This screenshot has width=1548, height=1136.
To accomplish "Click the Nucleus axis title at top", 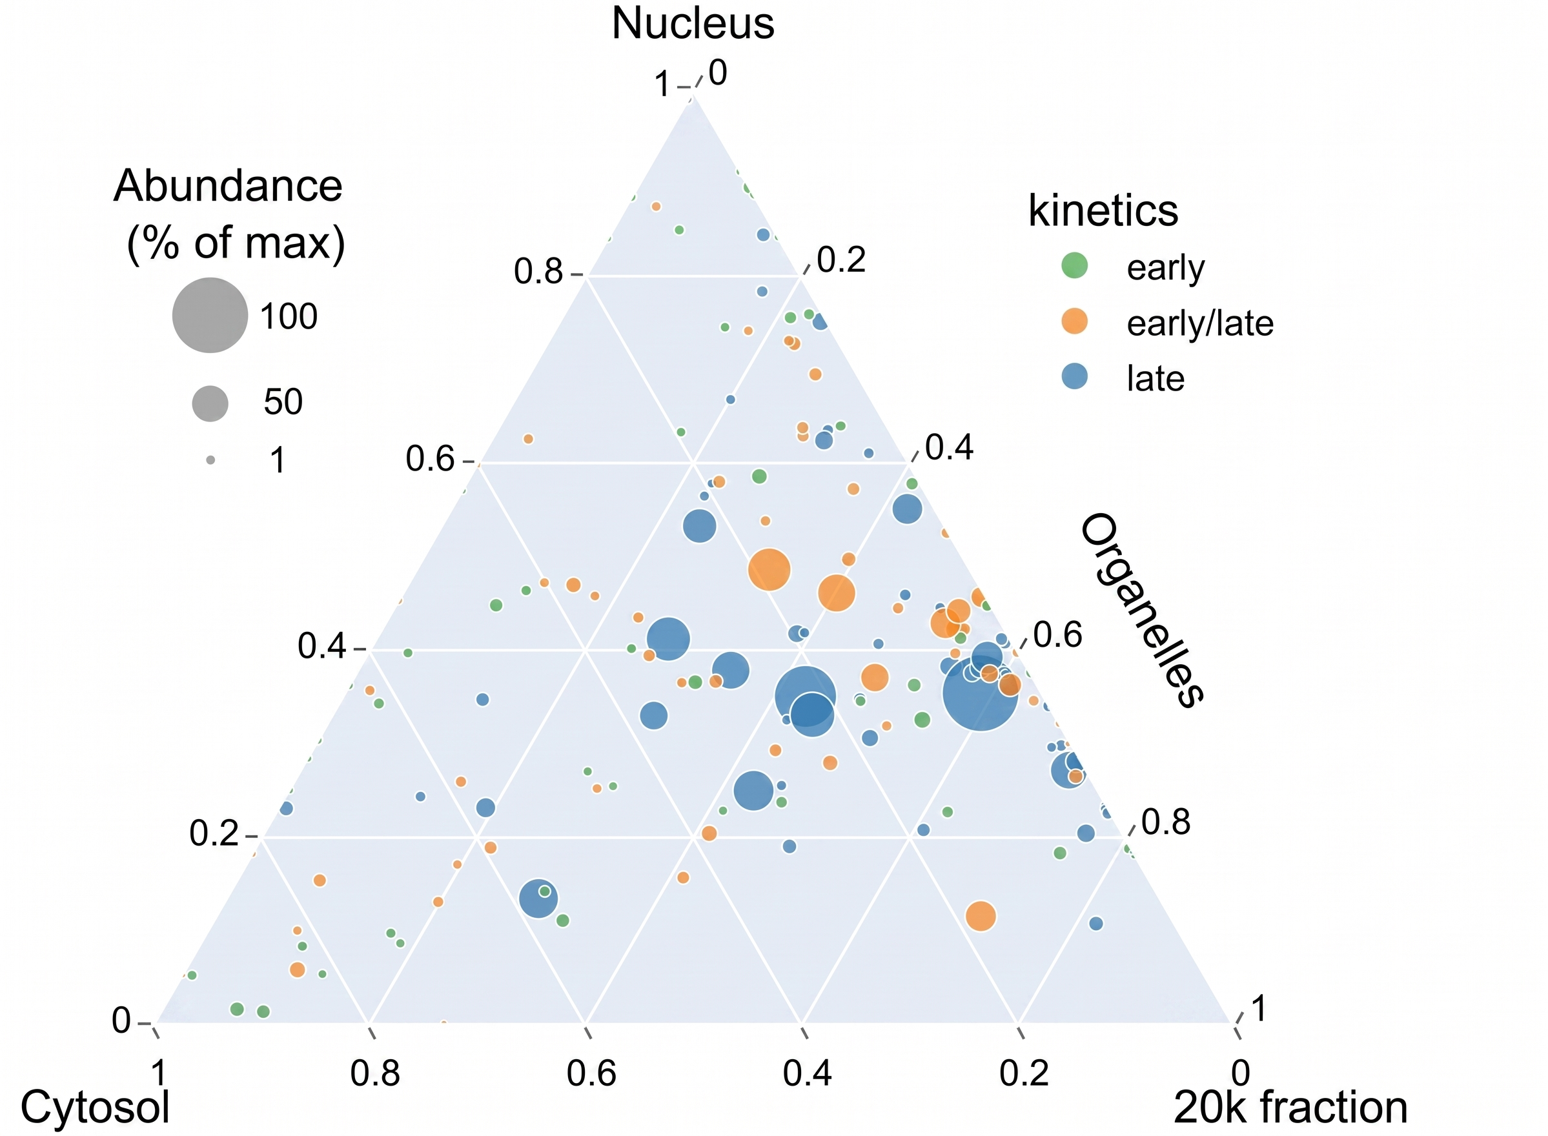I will pyautogui.click(x=693, y=23).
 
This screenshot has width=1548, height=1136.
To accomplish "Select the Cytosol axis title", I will pyautogui.click(x=95, y=1107).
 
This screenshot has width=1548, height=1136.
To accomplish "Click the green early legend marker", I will pyautogui.click(x=1074, y=265).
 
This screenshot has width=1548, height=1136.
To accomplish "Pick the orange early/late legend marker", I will pyautogui.click(x=1074, y=321).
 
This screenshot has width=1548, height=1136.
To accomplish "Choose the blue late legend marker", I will pyautogui.click(x=1074, y=377).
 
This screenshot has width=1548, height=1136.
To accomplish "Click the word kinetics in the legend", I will pyautogui.click(x=1103, y=210).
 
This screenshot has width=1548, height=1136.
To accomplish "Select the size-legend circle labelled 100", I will pyautogui.click(x=210, y=315).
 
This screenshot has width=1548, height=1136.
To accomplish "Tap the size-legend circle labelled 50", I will pyautogui.click(x=210, y=403).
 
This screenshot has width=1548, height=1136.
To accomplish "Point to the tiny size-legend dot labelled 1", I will pyautogui.click(x=210, y=460).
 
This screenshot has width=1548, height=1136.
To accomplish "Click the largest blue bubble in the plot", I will pyautogui.click(x=980, y=693).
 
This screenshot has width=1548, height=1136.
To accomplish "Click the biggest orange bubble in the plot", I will pyautogui.click(x=769, y=569).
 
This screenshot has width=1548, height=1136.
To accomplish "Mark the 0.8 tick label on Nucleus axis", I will pyautogui.click(x=538, y=272).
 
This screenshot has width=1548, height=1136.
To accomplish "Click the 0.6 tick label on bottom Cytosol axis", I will pyautogui.click(x=591, y=1073).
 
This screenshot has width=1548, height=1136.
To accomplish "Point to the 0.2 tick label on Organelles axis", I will pyautogui.click(x=841, y=261).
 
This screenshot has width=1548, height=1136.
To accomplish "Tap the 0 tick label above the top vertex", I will pyautogui.click(x=717, y=74).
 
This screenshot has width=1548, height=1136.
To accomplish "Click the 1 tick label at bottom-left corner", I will pyautogui.click(x=159, y=1073).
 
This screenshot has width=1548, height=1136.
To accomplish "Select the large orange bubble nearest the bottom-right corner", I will pyautogui.click(x=981, y=916).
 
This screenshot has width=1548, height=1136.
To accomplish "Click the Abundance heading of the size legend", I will pyautogui.click(x=228, y=186).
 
